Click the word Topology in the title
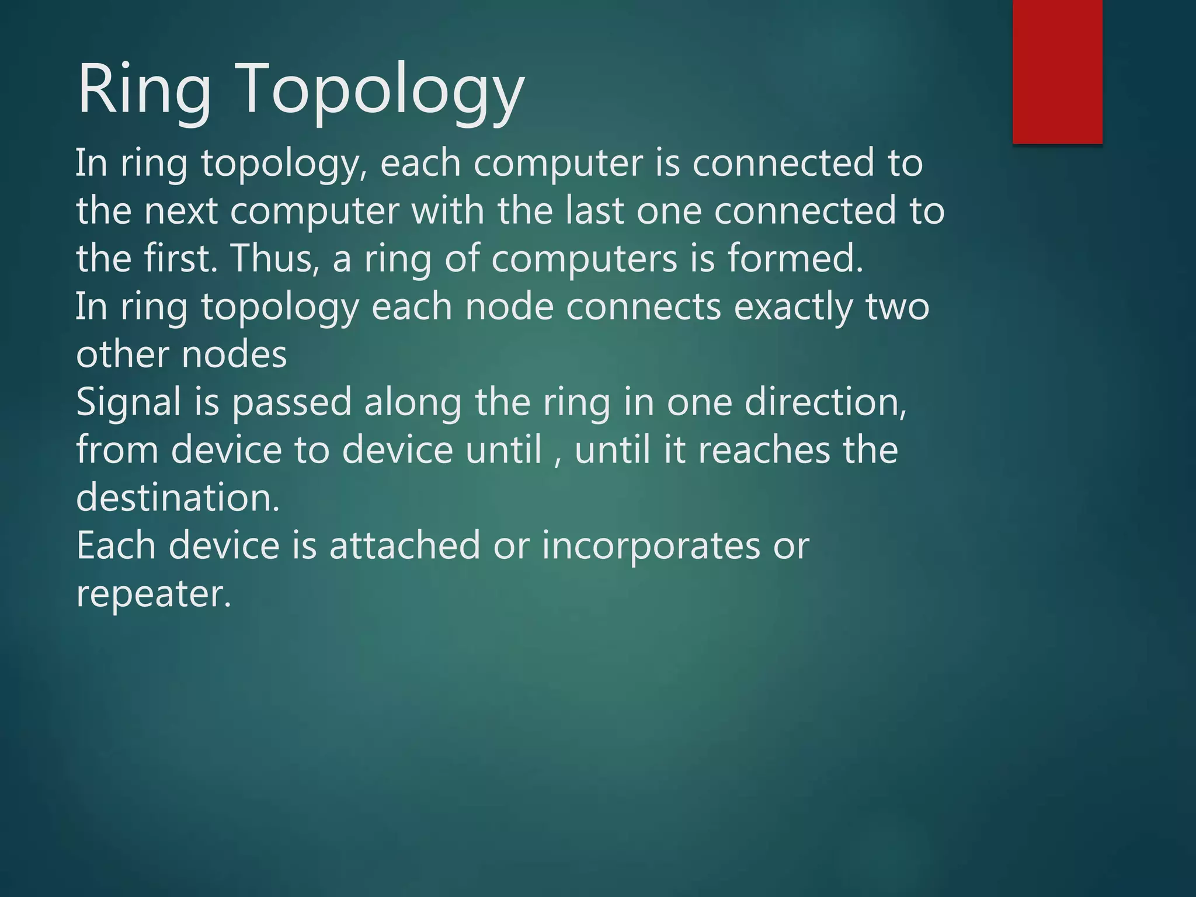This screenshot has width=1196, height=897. point(382,90)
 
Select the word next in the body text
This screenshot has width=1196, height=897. point(181,211)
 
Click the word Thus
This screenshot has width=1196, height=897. point(274,258)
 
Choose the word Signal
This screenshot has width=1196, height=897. point(128,403)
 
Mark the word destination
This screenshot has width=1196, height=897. point(178,498)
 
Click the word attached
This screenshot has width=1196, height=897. point(405,545)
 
